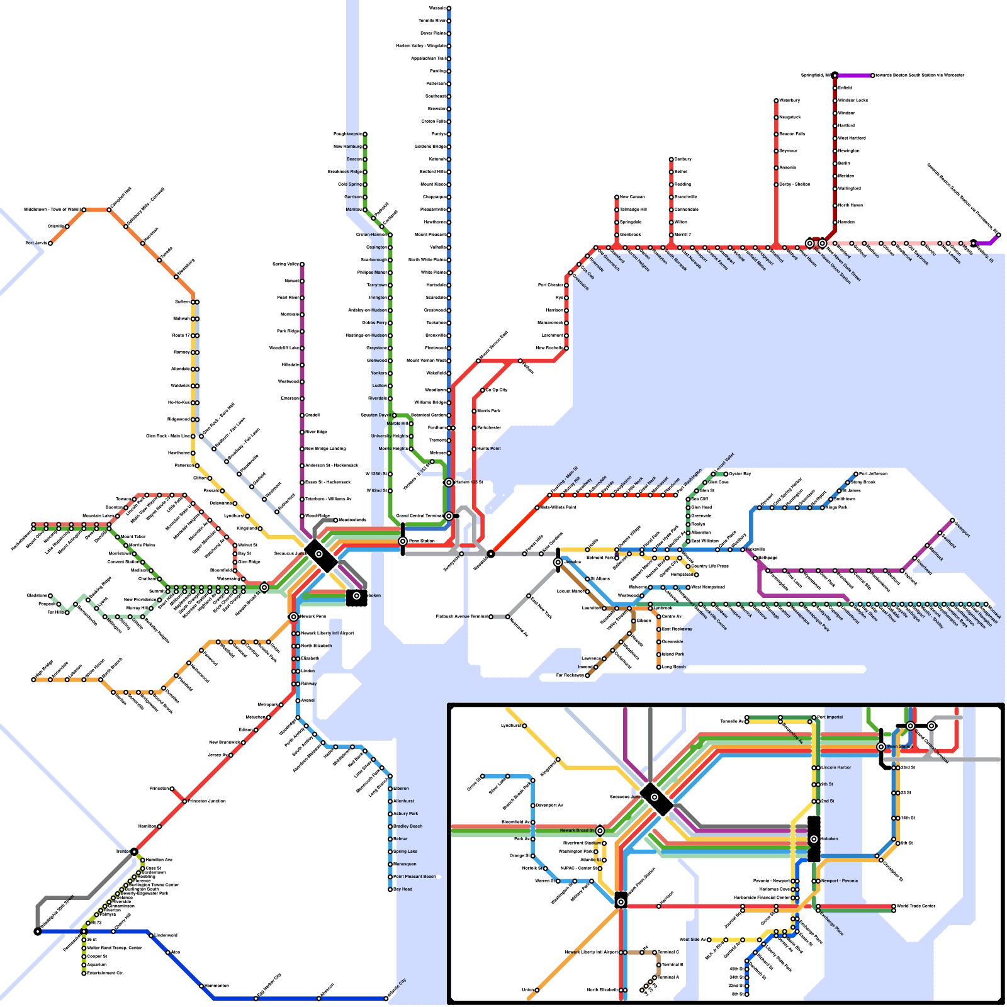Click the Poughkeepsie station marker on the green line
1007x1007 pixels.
click(x=364, y=134)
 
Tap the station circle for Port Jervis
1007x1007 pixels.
click(x=50, y=243)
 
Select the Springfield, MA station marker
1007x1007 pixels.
click(x=835, y=76)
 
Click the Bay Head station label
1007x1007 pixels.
click(x=403, y=889)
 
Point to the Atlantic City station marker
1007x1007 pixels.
click(x=386, y=998)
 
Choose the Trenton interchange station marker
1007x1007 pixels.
click(x=134, y=852)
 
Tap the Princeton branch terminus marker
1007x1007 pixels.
click(x=172, y=789)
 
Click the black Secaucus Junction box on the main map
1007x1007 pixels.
click(x=320, y=554)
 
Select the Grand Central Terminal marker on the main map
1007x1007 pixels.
click(x=449, y=516)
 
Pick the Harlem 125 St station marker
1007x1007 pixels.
click(x=449, y=483)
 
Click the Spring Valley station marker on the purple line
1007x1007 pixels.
click(x=302, y=264)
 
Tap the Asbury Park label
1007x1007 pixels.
click(x=406, y=814)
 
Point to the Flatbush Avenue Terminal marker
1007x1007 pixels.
click(x=491, y=617)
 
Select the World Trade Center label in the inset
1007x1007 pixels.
click(x=916, y=906)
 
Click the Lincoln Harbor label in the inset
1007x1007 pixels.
click(x=836, y=768)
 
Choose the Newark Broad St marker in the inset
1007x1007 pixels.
click(x=600, y=831)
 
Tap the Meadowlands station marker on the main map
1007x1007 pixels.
click(x=335, y=520)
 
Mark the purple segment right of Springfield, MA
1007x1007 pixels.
click(x=854, y=76)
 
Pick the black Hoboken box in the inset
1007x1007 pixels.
click(x=814, y=839)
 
